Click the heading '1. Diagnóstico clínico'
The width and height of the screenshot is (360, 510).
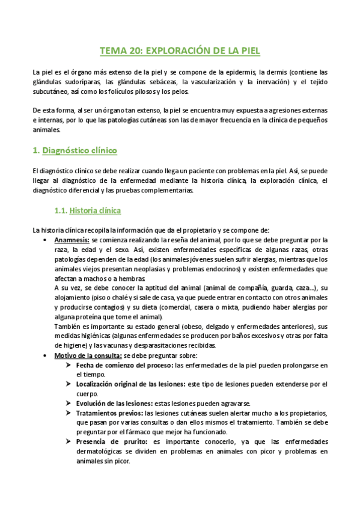point(75,150)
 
